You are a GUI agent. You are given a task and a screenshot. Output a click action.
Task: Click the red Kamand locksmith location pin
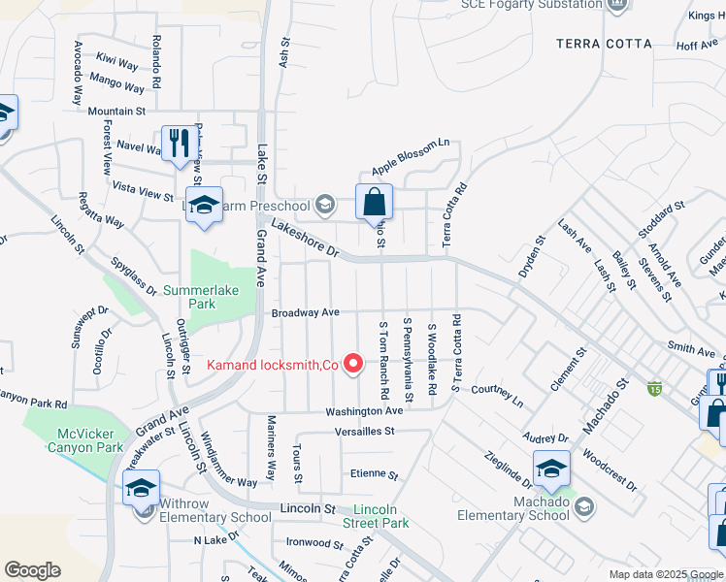pyautogui.click(x=354, y=365)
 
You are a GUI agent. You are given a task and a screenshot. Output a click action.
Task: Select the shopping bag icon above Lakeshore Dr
pyautogui.click(x=374, y=203)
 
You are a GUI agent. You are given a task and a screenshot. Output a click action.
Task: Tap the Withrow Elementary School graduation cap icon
pyautogui.click(x=141, y=487)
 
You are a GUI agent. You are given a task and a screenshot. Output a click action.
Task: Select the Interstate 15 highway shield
pyautogui.click(x=655, y=388)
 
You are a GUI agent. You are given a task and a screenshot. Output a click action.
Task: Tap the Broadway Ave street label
pyautogui.click(x=305, y=312)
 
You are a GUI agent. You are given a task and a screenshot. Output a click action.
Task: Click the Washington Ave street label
pyautogui.click(x=364, y=411)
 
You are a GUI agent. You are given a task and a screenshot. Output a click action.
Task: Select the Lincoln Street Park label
pyautogui.click(x=379, y=516)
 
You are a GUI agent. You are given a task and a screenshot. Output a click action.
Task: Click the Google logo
pyautogui.click(x=32, y=570)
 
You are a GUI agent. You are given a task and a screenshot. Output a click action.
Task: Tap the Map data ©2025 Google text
pyautogui.click(x=665, y=573)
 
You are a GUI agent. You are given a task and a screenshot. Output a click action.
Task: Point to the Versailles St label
pyautogui.click(x=365, y=431)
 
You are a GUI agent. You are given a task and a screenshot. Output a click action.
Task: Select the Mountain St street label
pyautogui.click(x=116, y=112)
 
